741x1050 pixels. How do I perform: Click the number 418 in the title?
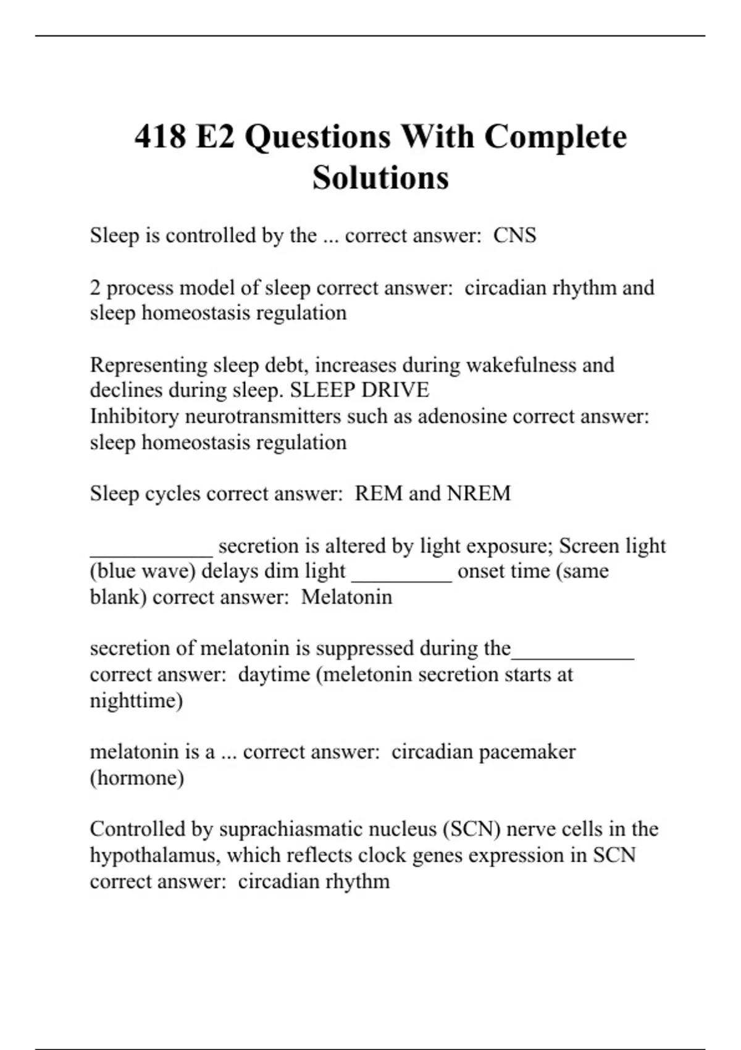pyautogui.click(x=160, y=137)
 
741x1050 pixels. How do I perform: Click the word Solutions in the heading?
pyautogui.click(x=380, y=178)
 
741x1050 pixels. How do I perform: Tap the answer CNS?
pyautogui.click(x=514, y=235)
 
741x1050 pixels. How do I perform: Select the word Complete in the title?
pyautogui.click(x=555, y=137)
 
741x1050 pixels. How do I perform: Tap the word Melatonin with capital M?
pyautogui.click(x=346, y=597)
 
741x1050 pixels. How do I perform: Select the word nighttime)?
pyautogui.click(x=136, y=700)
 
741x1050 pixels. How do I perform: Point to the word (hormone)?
pyautogui.click(x=136, y=778)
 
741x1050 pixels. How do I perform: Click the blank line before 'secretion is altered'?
pyautogui.click(x=151, y=551)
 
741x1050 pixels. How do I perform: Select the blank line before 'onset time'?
pyautogui.click(x=401, y=577)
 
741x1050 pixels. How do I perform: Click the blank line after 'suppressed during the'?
pyautogui.click(x=572, y=654)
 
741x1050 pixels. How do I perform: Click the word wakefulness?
pyautogui.click(x=521, y=365)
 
